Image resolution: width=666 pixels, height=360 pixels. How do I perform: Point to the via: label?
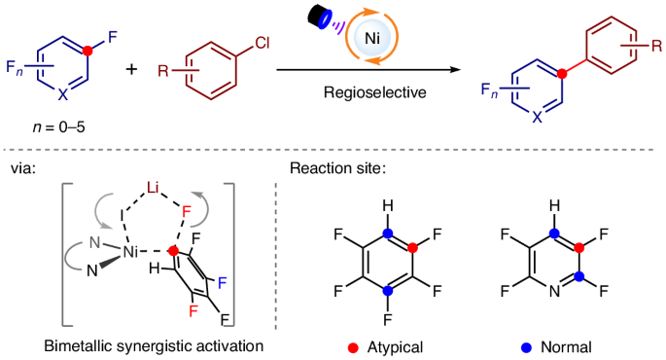point(22,168)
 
